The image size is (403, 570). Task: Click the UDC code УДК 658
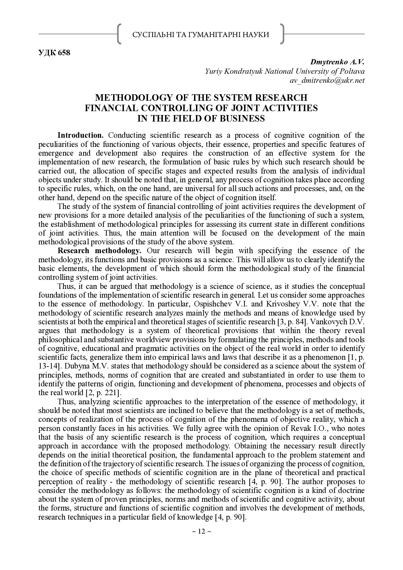click(54, 53)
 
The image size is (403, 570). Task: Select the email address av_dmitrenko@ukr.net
click(327, 80)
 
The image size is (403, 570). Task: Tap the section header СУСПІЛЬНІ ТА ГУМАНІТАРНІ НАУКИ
click(201, 34)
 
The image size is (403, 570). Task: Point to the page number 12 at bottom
click(201, 531)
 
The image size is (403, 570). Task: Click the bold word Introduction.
click(80, 135)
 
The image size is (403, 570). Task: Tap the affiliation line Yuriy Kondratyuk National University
click(284, 71)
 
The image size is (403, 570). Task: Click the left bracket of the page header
click(119, 34)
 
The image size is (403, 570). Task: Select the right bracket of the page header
click(282, 34)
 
